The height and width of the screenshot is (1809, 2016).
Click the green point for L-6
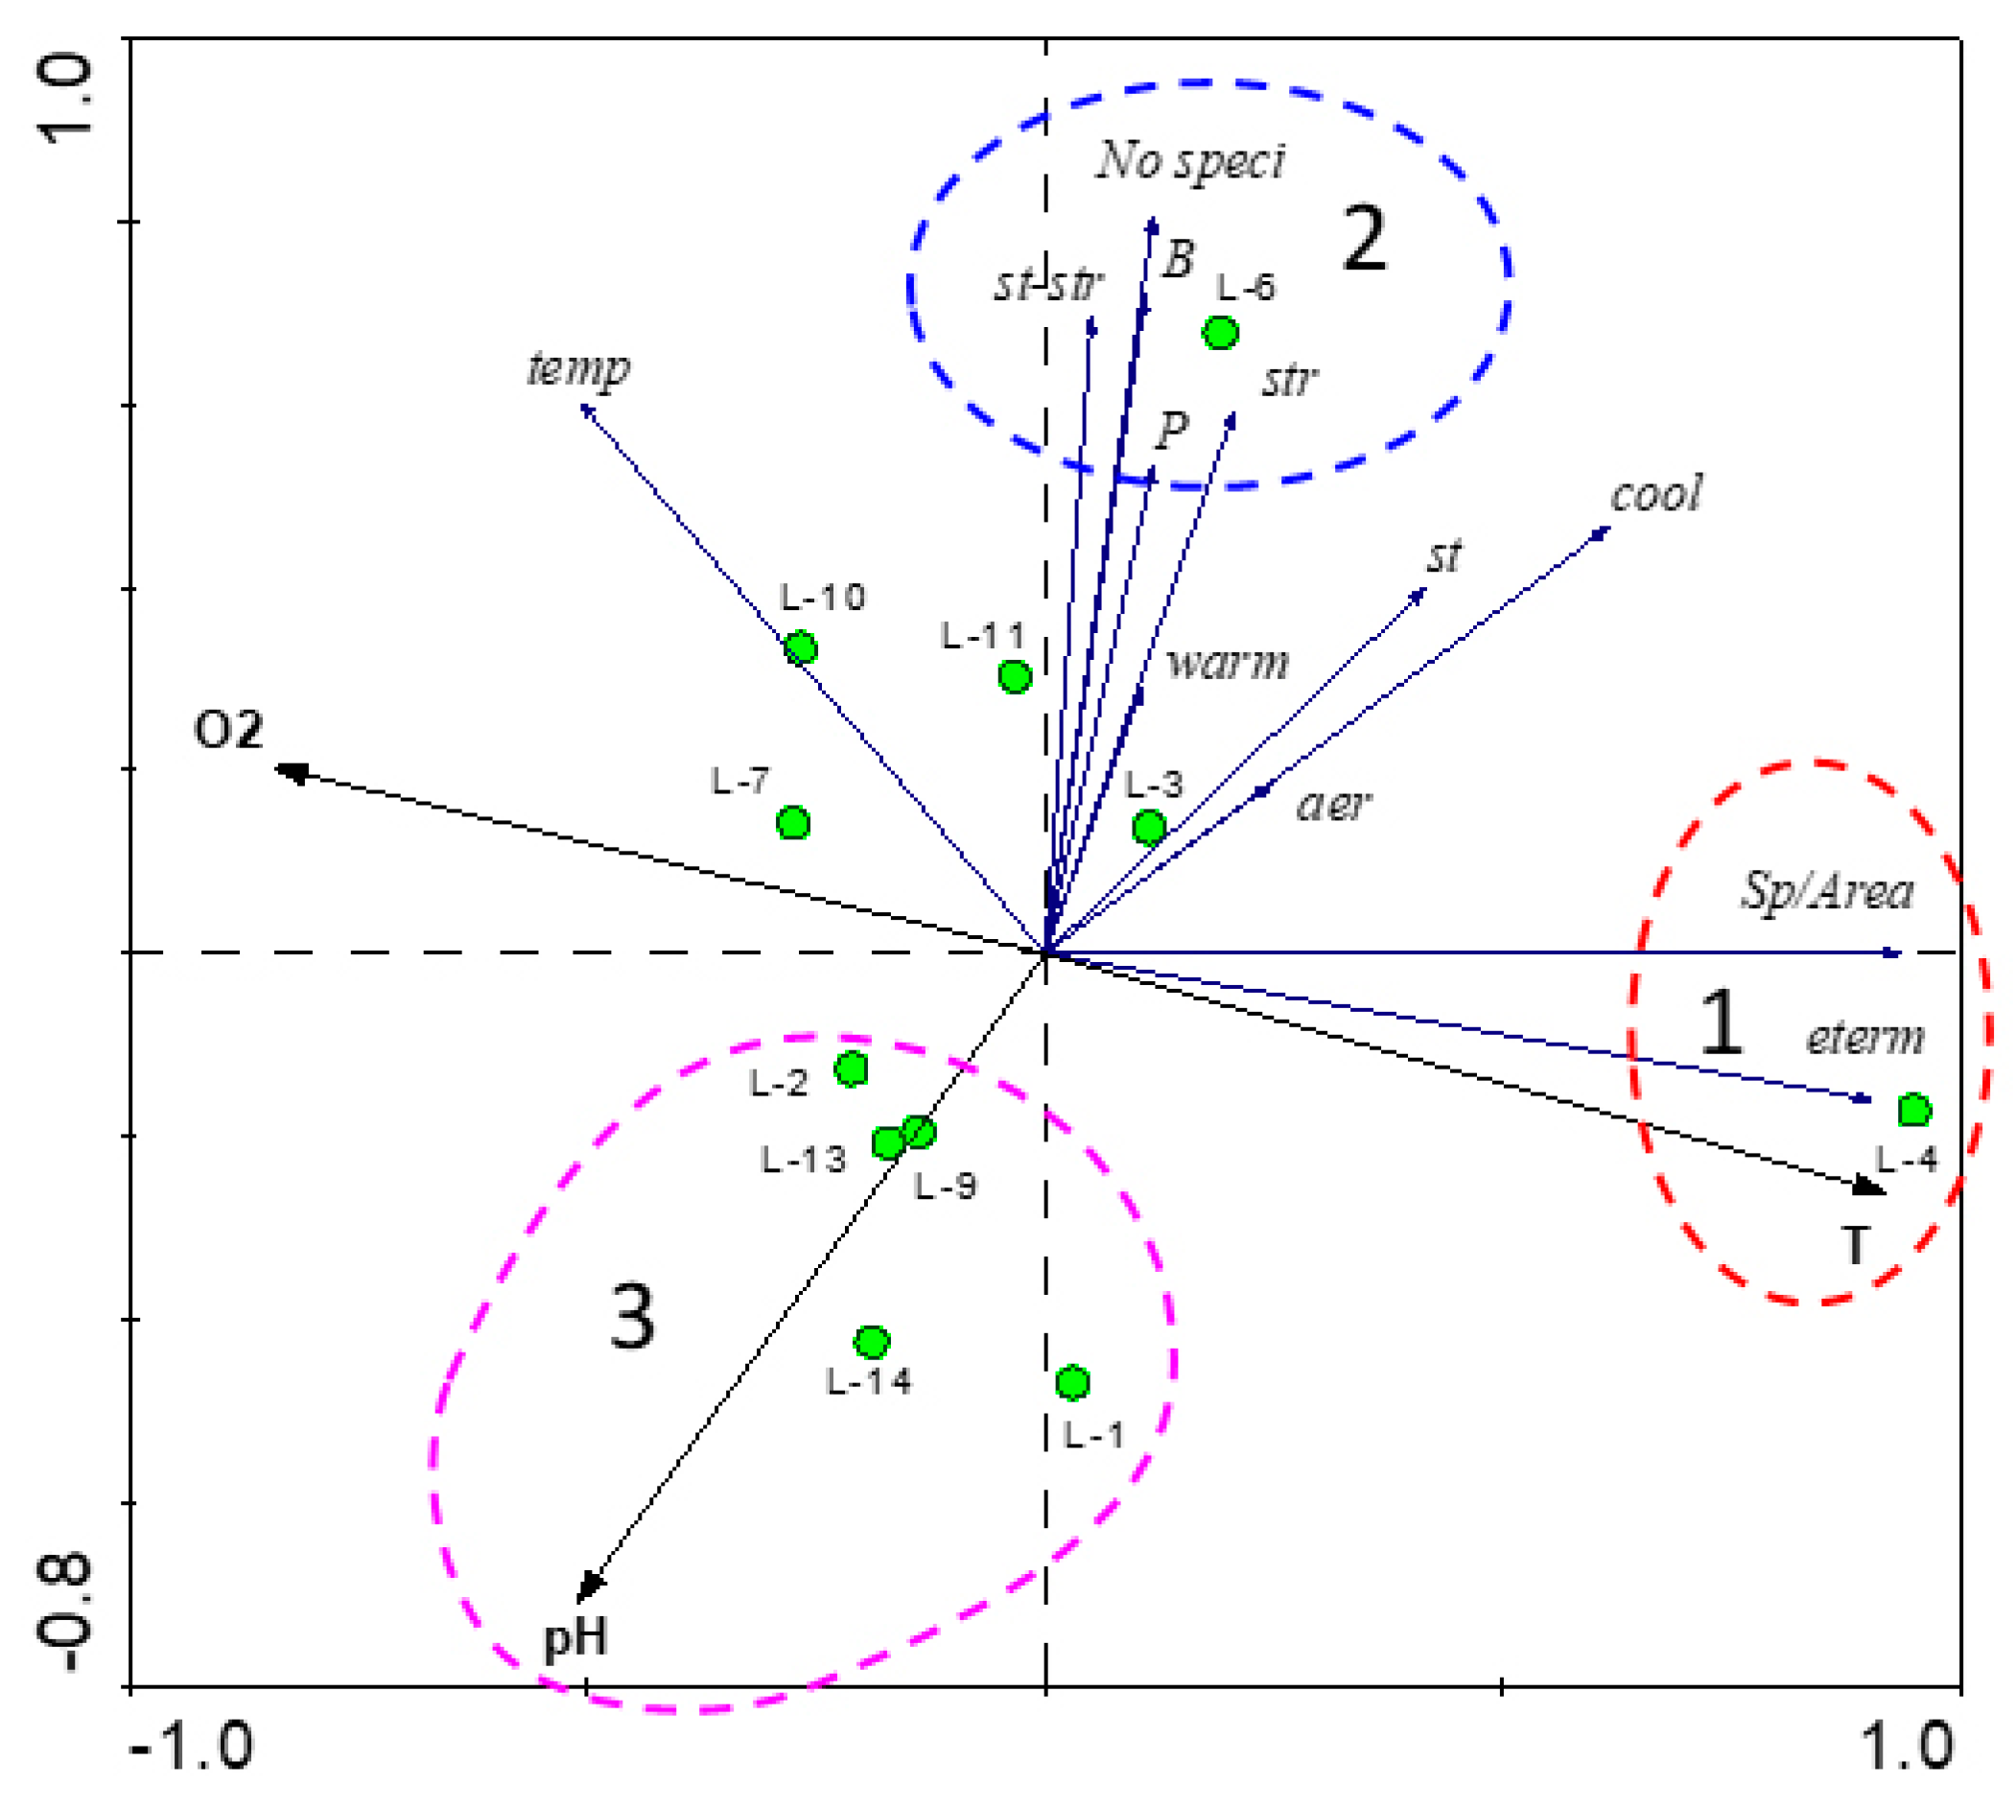coord(1220,332)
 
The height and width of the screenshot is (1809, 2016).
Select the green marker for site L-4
coord(1913,1111)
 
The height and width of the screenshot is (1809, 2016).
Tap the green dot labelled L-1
coord(1072,1381)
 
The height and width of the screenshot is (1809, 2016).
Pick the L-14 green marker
coord(872,1343)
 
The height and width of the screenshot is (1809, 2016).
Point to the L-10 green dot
coord(800,648)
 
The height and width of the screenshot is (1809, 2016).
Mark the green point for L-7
coord(792,823)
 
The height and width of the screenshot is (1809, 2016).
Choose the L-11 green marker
coord(1014,676)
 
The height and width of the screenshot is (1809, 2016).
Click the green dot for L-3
coord(1149,826)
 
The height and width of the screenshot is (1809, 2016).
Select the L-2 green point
coord(851,1069)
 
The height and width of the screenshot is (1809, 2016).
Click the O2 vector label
coord(228,731)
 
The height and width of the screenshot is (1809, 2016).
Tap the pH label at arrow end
coord(575,1636)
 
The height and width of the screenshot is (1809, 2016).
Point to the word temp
coord(577,368)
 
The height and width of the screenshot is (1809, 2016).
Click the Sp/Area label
coord(1826,890)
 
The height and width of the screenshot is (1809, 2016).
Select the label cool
coord(1656,494)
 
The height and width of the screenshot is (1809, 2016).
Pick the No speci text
coord(1190,161)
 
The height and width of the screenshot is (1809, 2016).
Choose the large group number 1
coord(1721,1023)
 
